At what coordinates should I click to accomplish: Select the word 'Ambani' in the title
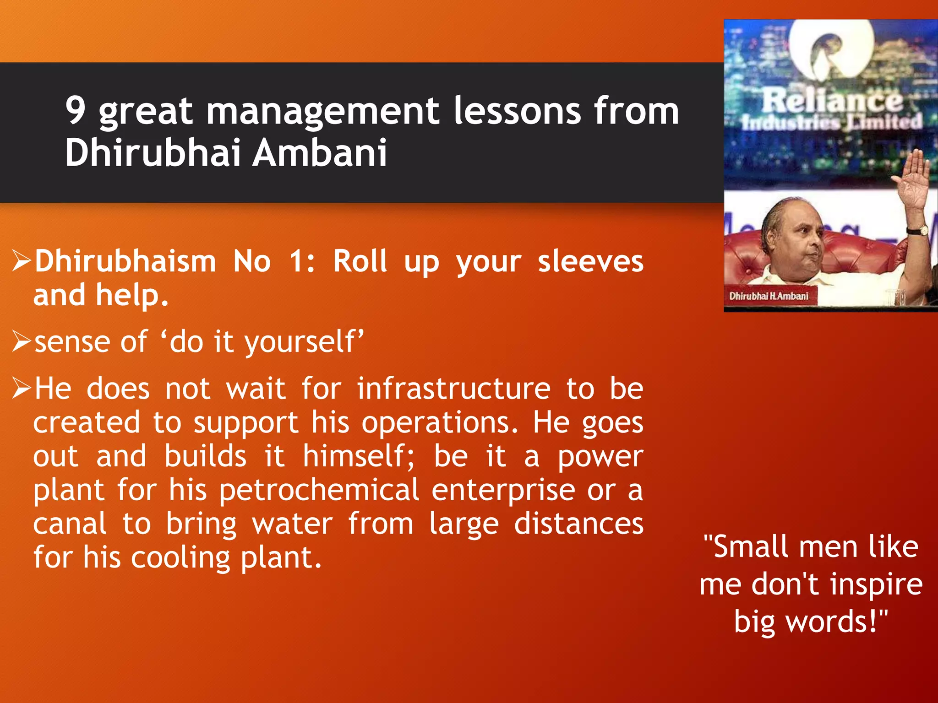[x=320, y=152]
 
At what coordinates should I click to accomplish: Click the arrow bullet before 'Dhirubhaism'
[x=22, y=261]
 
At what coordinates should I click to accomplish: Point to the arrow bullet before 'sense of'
[x=22, y=341]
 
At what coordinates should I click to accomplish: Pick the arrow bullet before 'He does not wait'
[x=22, y=389]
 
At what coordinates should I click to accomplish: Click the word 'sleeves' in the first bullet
[x=590, y=262]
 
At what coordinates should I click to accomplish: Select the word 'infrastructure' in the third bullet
[x=453, y=389]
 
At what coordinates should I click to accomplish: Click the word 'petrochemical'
[x=319, y=491]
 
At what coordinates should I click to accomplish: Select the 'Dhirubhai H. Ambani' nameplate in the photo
[x=769, y=296]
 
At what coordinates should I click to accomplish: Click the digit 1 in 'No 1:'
[x=297, y=262]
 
